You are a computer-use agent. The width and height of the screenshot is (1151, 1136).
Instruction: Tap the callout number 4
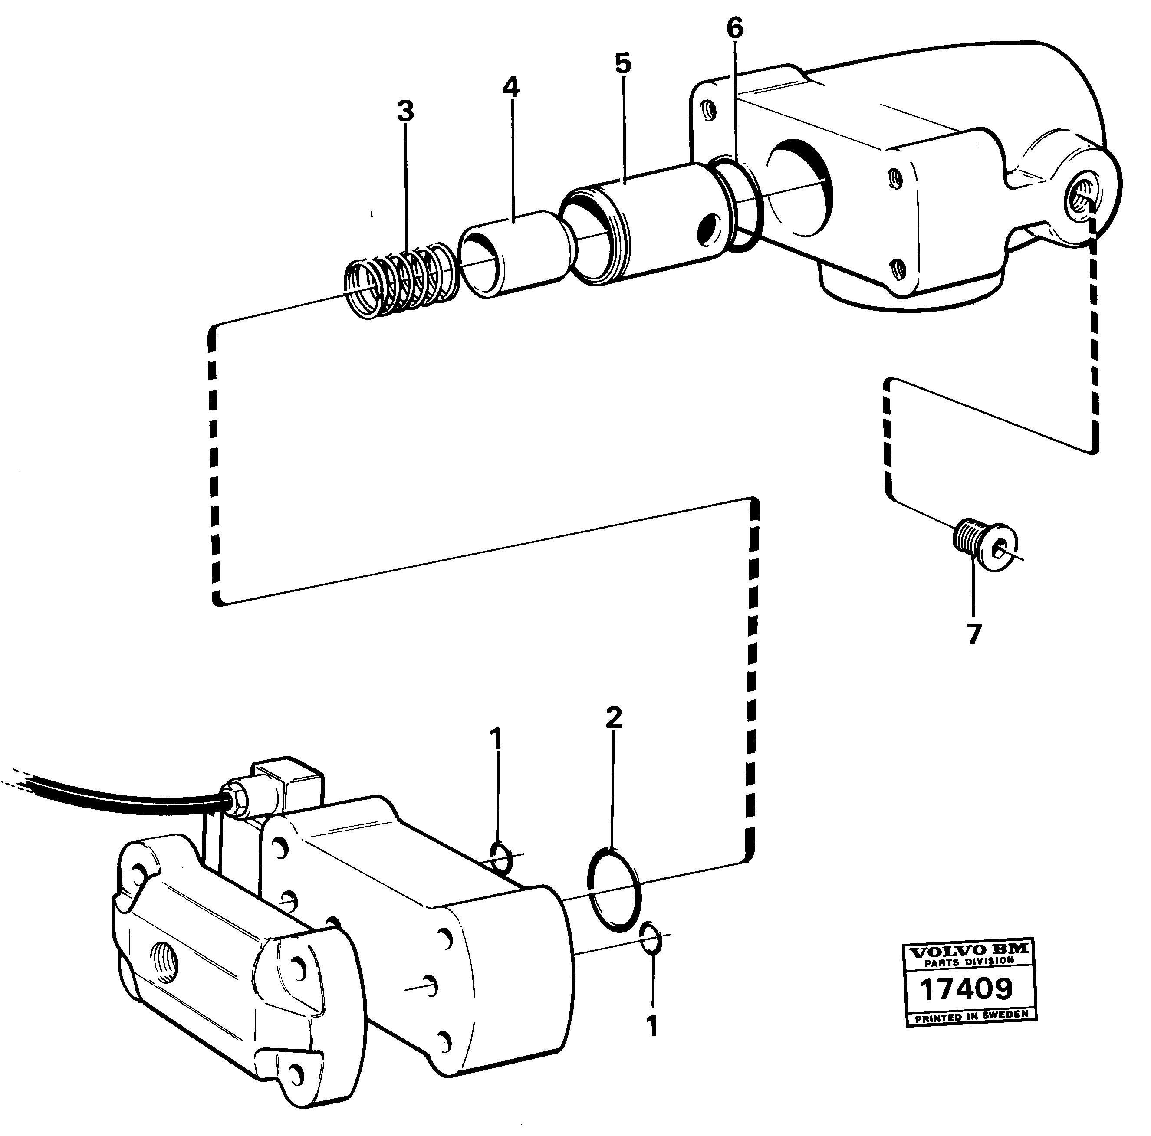click(510, 88)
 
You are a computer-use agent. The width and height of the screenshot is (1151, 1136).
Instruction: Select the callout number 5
click(622, 63)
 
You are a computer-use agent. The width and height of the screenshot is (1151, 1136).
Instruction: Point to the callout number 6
click(735, 29)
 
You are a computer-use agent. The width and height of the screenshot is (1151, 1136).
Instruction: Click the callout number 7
click(973, 634)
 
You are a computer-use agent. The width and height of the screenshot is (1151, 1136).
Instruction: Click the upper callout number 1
click(496, 740)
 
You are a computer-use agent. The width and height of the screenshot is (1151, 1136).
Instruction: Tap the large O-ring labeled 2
click(615, 889)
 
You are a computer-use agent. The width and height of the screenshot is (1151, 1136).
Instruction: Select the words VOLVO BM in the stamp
click(968, 951)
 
